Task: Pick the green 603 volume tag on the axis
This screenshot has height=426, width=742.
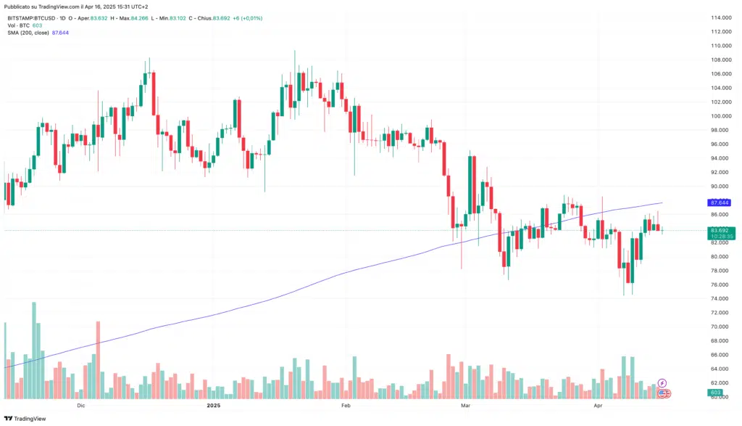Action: [x=715, y=393]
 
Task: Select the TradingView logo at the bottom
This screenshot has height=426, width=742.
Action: [x=25, y=419]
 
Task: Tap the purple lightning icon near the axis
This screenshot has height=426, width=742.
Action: [x=662, y=382]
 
